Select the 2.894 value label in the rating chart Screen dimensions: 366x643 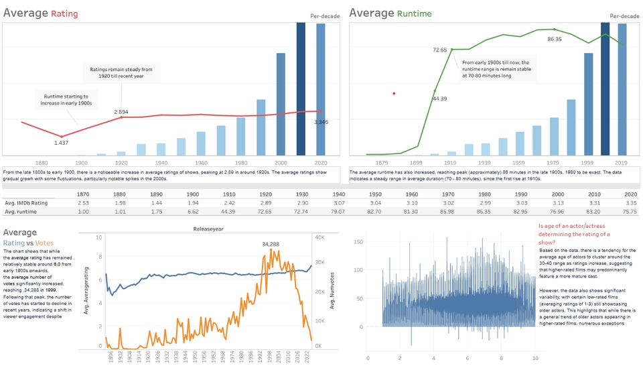[x=121, y=111]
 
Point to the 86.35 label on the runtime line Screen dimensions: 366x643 [x=555, y=40]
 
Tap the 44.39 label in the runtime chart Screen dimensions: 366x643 [x=440, y=99]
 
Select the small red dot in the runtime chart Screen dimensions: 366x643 [x=394, y=94]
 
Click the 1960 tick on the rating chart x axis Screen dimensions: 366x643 [x=202, y=163]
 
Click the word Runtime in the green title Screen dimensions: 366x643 [x=414, y=13]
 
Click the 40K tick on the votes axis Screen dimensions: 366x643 [x=321, y=237]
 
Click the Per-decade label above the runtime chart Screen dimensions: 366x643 [x=625, y=15]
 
